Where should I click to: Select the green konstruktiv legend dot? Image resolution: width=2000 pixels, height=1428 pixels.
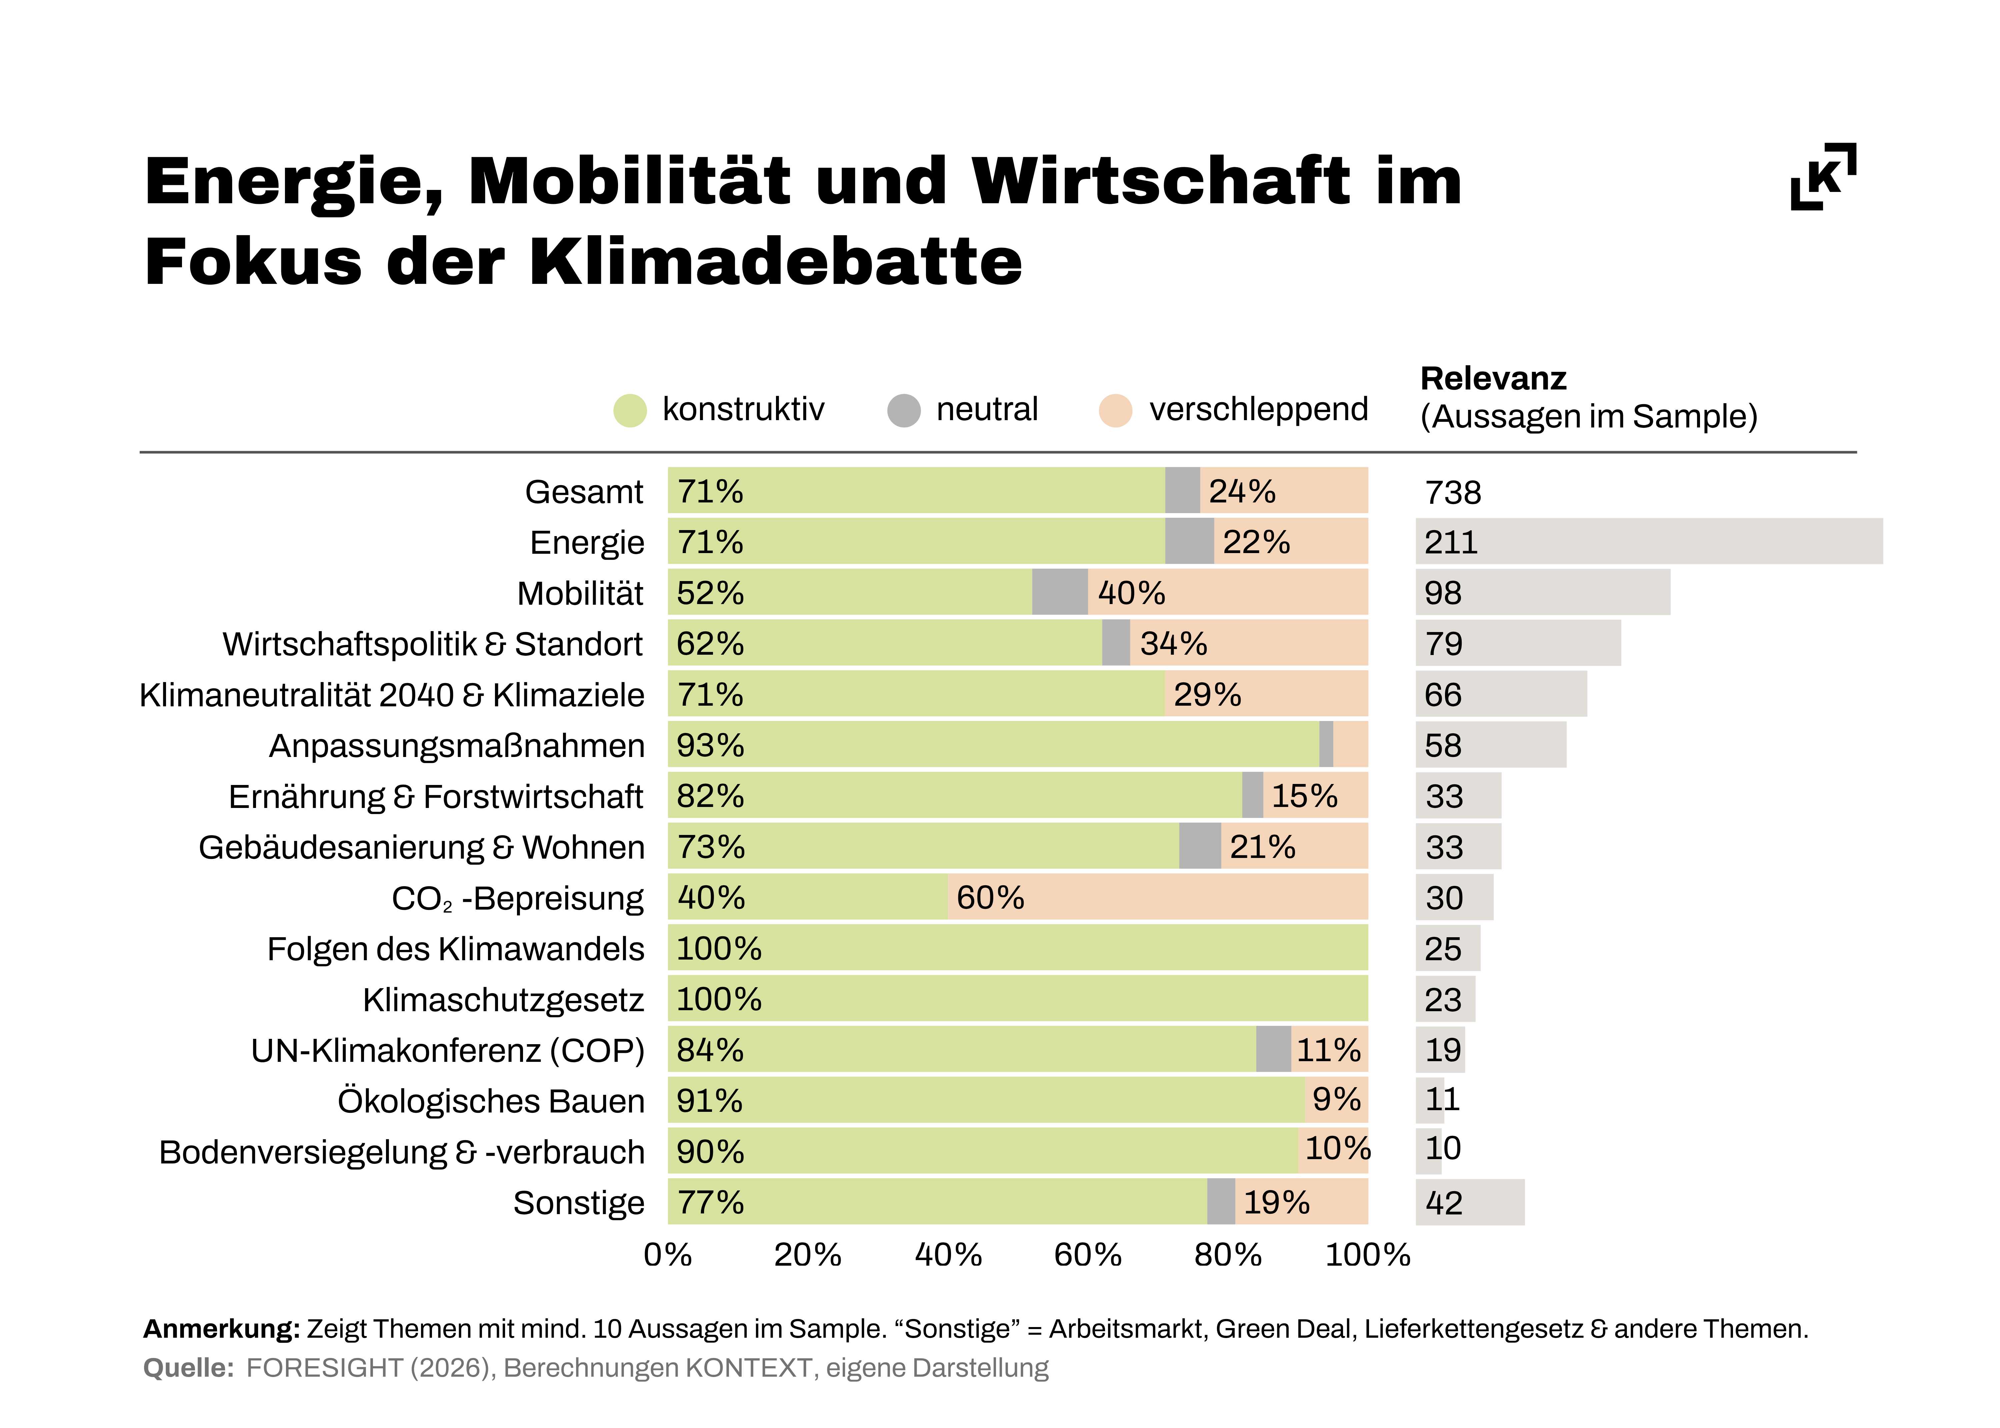pos(630,410)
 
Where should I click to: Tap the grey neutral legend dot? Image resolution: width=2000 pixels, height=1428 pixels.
pos(903,410)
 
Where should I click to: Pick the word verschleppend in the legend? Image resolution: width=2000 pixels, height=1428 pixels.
pos(1258,410)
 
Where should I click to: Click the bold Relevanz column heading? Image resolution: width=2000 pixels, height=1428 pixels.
pos(1493,378)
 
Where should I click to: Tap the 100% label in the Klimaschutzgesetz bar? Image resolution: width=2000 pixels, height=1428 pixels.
pos(719,1000)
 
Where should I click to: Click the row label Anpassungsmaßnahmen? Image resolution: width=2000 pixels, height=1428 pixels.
pos(456,746)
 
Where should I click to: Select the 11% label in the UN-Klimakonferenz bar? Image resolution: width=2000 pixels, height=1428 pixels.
pos(1328,1050)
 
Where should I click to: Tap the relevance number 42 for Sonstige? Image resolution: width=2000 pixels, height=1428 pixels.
pos(1443,1203)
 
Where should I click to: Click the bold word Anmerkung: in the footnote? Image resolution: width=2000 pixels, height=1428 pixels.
pos(222,1329)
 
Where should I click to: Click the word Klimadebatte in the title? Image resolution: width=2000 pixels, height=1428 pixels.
pos(776,262)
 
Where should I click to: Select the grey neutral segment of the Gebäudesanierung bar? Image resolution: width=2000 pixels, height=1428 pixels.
pos(1200,846)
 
